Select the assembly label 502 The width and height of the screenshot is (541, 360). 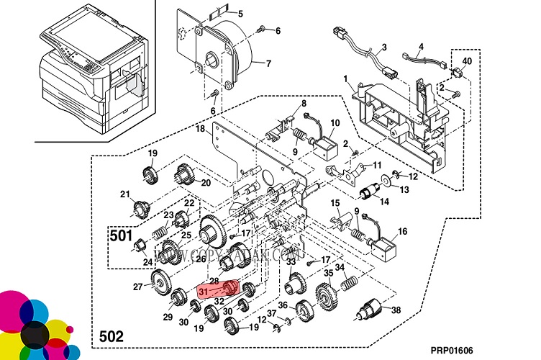pos(110,336)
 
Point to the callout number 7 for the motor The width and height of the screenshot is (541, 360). pos(268,63)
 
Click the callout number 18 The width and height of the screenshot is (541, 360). pos(201,130)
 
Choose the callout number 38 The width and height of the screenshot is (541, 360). pos(395,310)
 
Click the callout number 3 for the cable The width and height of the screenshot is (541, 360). pos(384,47)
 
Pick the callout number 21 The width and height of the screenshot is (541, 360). pos(124,194)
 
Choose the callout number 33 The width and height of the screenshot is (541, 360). pos(291,262)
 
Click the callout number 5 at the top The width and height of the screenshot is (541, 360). pos(240,14)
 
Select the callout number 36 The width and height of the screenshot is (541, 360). pos(283,305)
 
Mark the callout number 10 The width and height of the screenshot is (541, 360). pos(335,123)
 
